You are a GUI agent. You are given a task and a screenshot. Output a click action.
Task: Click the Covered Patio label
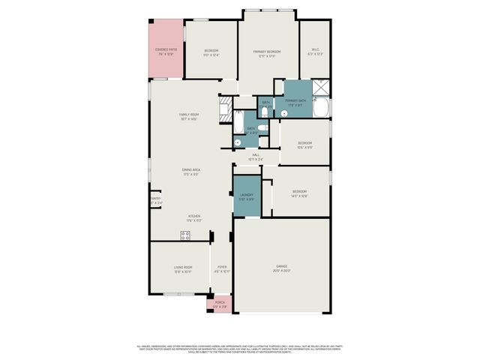pyautogui.click(x=165, y=52)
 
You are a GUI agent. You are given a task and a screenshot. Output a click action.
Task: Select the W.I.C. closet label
pyautogui.click(x=315, y=52)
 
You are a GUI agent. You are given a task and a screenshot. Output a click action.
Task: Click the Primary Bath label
pyautogui.click(x=295, y=102)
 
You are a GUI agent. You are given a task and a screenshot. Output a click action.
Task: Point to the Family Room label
pyautogui.click(x=188, y=116)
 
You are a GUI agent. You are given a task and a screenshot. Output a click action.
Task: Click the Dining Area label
pyautogui.click(x=190, y=172)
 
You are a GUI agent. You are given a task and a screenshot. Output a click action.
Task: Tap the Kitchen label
pyautogui.click(x=194, y=218)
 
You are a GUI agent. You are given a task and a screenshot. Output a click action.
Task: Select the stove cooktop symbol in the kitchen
pyautogui.click(x=184, y=235)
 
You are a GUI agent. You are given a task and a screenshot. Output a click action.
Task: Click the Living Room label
pyautogui.click(x=183, y=269)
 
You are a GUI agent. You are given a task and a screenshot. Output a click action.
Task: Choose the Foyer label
pyautogui.click(x=222, y=269)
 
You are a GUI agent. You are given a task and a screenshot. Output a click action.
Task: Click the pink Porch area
pyautogui.click(x=220, y=304)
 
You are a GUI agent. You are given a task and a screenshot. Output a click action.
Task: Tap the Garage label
pyautogui.click(x=281, y=268)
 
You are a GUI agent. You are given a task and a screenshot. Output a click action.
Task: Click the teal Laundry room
pyautogui.click(x=246, y=196)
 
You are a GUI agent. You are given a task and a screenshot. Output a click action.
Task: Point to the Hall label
pyautogui.click(x=256, y=157)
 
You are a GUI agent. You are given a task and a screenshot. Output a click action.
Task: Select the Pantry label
pyautogui.click(x=156, y=201)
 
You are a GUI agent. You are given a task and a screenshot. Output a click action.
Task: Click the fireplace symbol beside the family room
pyautogui.click(x=225, y=110)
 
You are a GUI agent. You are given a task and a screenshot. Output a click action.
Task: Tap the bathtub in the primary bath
pyautogui.click(x=320, y=110)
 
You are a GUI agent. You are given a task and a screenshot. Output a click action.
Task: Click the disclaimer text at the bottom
pyautogui.click(x=240, y=348)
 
